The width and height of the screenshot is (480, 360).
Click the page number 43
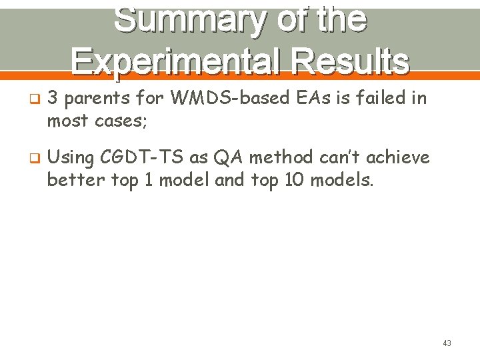point(447,343)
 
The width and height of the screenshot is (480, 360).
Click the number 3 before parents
point(53,99)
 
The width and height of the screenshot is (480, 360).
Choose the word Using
point(71,159)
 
